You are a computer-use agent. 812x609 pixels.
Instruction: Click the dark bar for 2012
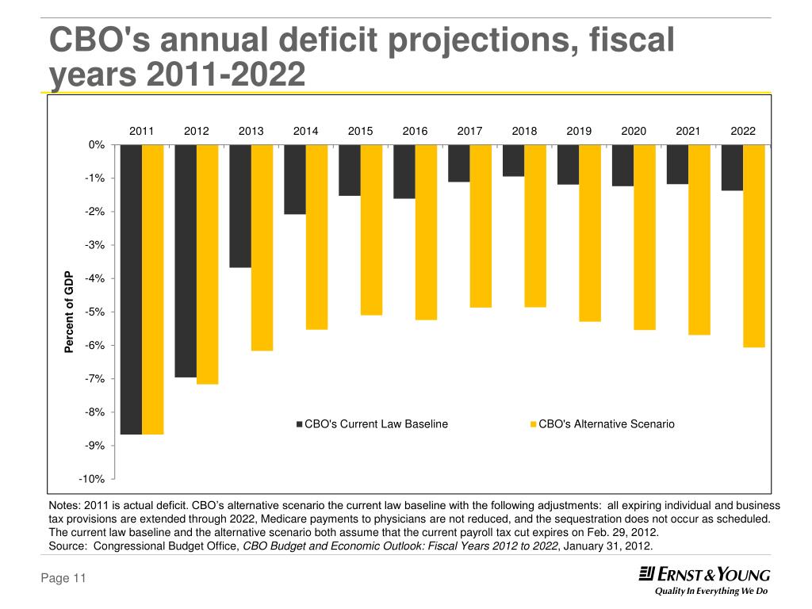(x=186, y=261)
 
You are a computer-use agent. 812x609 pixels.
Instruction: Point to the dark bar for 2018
(x=513, y=161)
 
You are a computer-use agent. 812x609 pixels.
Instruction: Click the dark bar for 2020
(x=622, y=166)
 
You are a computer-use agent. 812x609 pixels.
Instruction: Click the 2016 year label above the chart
(x=415, y=131)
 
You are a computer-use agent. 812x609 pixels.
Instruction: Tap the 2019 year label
(x=579, y=131)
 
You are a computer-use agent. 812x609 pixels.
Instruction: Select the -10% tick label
(x=92, y=479)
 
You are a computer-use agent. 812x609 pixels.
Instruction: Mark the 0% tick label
(x=97, y=145)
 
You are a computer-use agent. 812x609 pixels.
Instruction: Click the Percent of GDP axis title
(x=68, y=311)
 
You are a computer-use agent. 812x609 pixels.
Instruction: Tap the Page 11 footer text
(x=63, y=580)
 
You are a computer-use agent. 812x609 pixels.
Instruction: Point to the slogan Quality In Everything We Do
(x=710, y=592)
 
